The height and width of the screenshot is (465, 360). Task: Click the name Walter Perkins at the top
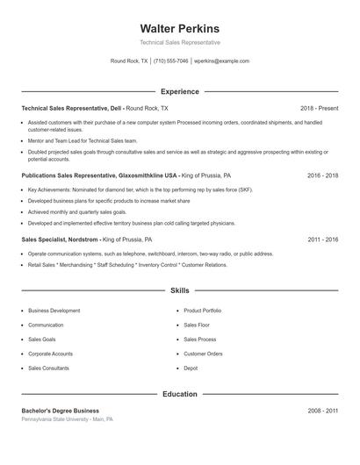(x=179, y=28)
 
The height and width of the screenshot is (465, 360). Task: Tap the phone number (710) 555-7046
(x=171, y=61)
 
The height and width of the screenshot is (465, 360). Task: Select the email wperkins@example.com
(x=221, y=61)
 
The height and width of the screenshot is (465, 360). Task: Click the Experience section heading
(x=179, y=91)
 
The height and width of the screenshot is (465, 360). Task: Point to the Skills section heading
(x=179, y=290)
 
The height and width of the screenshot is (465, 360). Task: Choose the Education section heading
(x=179, y=394)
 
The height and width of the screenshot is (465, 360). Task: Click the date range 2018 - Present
(x=319, y=108)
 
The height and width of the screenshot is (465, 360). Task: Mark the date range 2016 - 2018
(x=322, y=175)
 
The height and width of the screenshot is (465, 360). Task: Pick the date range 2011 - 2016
(x=322, y=239)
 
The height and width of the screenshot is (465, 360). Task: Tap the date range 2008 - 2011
(x=322, y=411)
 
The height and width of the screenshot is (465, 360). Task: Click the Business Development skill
(x=54, y=311)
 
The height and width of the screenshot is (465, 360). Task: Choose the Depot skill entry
(x=191, y=368)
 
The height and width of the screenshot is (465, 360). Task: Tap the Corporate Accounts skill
(x=50, y=354)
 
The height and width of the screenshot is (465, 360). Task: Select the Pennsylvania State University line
(x=67, y=419)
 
